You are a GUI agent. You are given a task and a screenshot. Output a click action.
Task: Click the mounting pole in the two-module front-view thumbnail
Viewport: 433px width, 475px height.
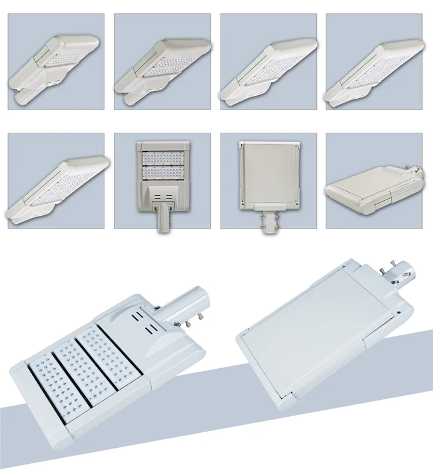tap(162, 220)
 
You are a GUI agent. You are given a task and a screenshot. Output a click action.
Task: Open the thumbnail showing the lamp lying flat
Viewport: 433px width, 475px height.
tap(374, 181)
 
